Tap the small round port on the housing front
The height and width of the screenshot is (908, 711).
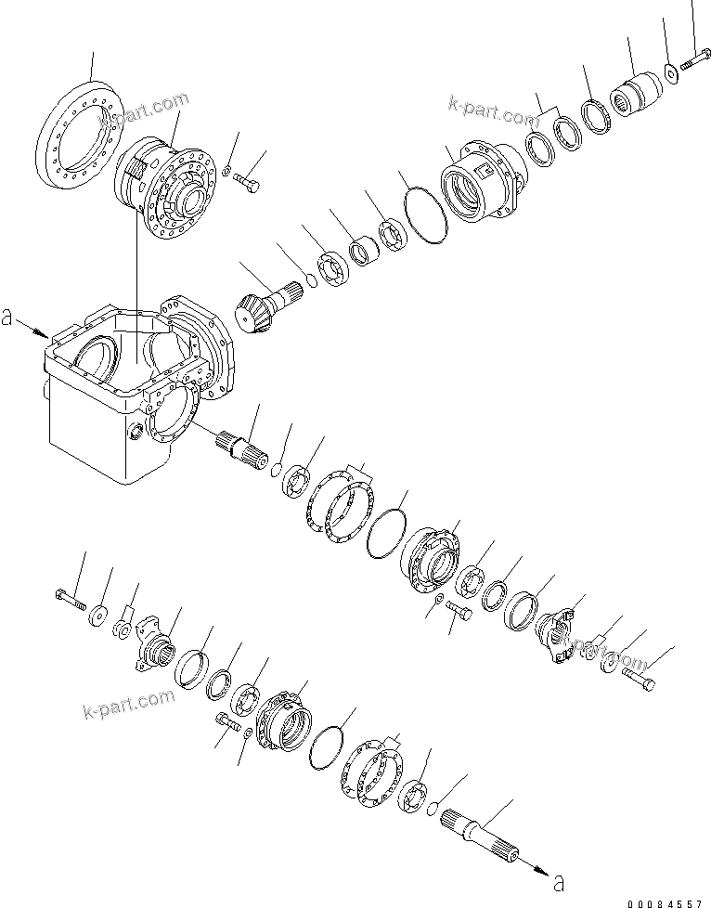(134, 431)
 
